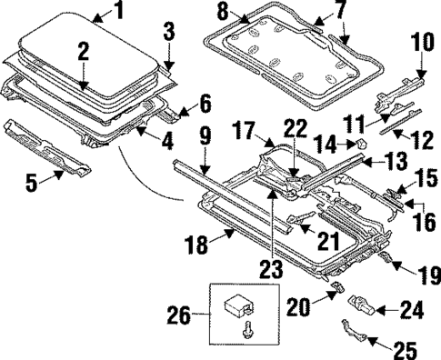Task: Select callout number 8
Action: (x=197, y=13)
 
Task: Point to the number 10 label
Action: (x=422, y=42)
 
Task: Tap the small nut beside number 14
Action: (x=358, y=143)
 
